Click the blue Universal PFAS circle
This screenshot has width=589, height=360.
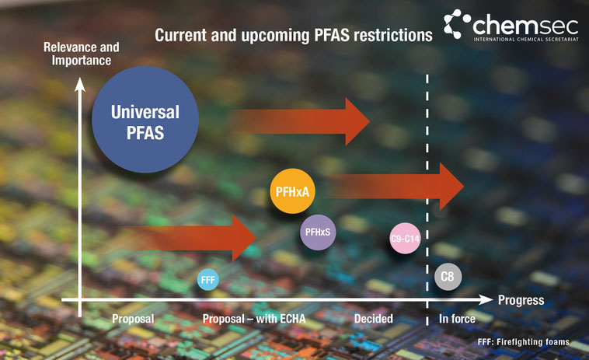(x=145, y=120)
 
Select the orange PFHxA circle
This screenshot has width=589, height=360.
(x=292, y=191)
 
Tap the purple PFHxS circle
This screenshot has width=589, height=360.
(x=318, y=232)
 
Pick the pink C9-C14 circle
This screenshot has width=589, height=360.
(x=405, y=238)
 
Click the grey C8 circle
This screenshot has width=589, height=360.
(x=448, y=277)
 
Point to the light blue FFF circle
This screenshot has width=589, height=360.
(x=208, y=280)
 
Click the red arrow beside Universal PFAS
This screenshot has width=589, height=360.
(x=301, y=121)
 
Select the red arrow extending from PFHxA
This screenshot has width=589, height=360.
(x=395, y=187)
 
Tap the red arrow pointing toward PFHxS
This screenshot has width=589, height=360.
(x=192, y=238)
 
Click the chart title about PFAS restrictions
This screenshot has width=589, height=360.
(x=294, y=35)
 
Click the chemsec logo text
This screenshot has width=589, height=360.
(x=525, y=25)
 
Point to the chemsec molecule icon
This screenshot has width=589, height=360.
(x=457, y=23)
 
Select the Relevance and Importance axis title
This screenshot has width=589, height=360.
(x=81, y=54)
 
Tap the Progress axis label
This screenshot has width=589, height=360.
(x=521, y=300)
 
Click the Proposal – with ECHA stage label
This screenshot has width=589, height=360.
(x=254, y=319)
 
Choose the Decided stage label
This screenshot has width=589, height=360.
(x=374, y=319)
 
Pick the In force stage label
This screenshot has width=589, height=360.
(x=457, y=319)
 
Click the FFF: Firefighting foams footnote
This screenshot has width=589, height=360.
(x=523, y=342)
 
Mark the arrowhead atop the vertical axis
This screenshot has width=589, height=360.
(x=79, y=84)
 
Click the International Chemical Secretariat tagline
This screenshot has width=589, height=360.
(x=526, y=39)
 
